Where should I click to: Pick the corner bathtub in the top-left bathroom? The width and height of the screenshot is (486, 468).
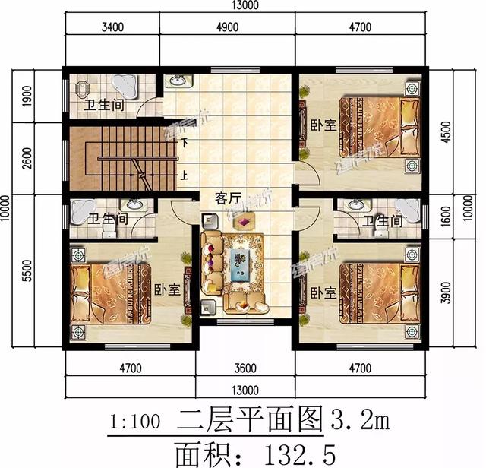123,86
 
